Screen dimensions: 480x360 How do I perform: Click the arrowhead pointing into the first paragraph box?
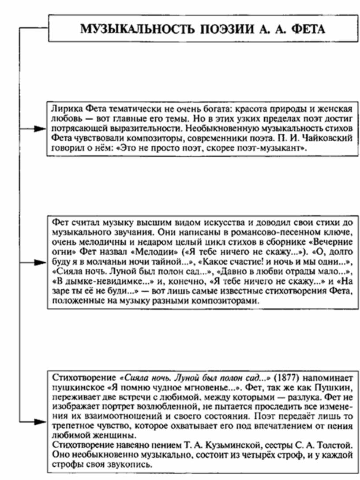click(x=41, y=129)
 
